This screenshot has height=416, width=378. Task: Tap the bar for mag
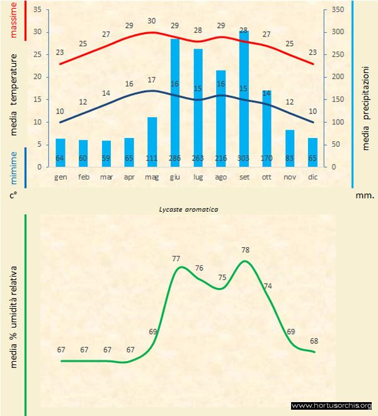point(152,142)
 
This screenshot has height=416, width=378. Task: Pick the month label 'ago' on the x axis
point(221,177)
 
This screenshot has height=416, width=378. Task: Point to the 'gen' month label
point(60,177)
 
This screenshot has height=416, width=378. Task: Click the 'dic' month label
point(313,177)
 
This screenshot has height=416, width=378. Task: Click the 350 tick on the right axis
point(338,10)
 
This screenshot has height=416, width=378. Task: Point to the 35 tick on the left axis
point(38,10)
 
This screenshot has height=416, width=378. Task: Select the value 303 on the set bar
point(244,158)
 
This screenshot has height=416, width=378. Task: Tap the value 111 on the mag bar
point(152,158)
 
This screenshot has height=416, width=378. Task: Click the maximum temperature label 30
point(152,21)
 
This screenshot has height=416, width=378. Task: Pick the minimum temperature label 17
point(152,80)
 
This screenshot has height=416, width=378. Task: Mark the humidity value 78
point(246,250)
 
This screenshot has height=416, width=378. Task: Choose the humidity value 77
point(176,258)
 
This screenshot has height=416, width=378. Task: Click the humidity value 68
point(314,342)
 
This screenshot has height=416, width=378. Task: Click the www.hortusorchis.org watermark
point(331,405)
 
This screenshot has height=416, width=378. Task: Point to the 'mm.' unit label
point(365,195)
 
